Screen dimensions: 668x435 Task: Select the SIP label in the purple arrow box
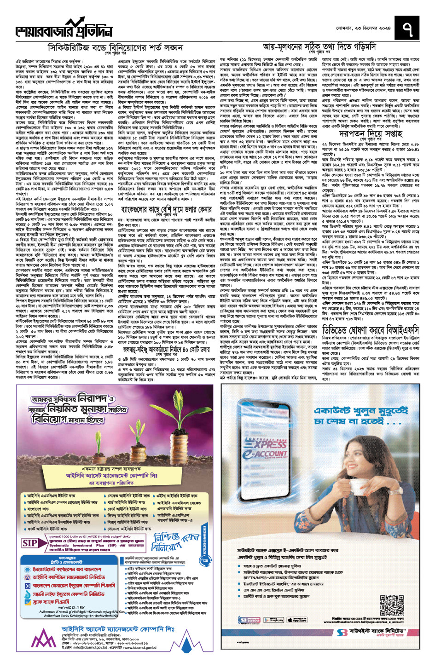click(30, 543)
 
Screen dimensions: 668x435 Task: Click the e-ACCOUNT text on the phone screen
click(272, 454)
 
